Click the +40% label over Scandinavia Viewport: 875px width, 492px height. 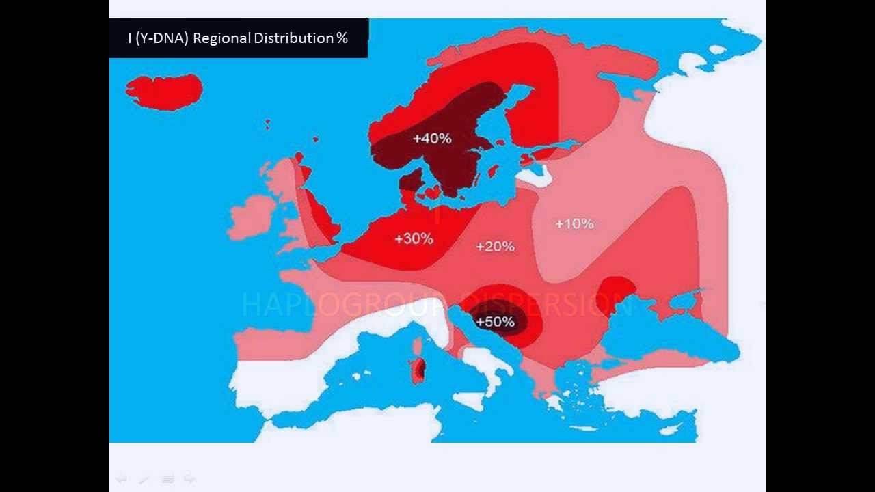(432, 139)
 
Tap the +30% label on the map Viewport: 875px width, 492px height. (414, 238)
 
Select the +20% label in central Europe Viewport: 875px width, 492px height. (495, 246)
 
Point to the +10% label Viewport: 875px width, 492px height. (574, 223)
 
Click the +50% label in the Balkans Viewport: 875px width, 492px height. (495, 321)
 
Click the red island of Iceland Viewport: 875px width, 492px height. (164, 92)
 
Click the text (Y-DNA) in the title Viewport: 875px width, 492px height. (162, 38)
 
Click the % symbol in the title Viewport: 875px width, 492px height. (342, 38)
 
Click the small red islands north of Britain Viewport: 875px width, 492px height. (267, 124)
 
